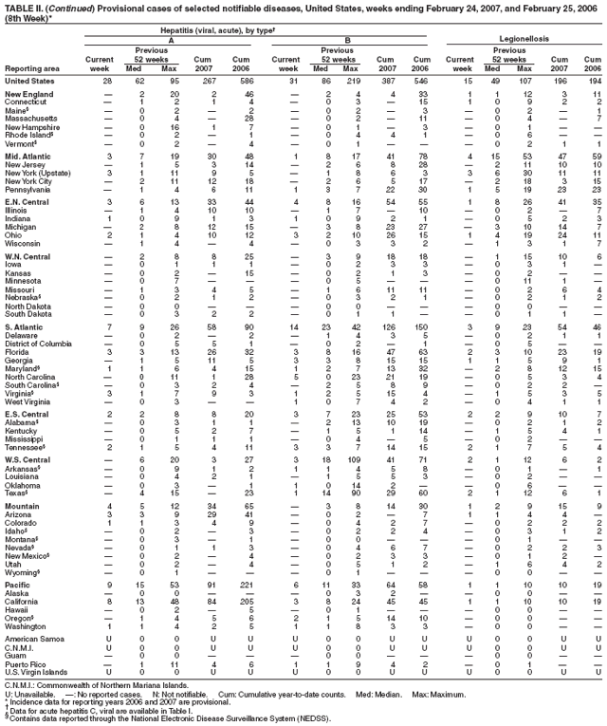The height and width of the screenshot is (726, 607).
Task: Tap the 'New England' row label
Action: pyautogui.click(x=28, y=95)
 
